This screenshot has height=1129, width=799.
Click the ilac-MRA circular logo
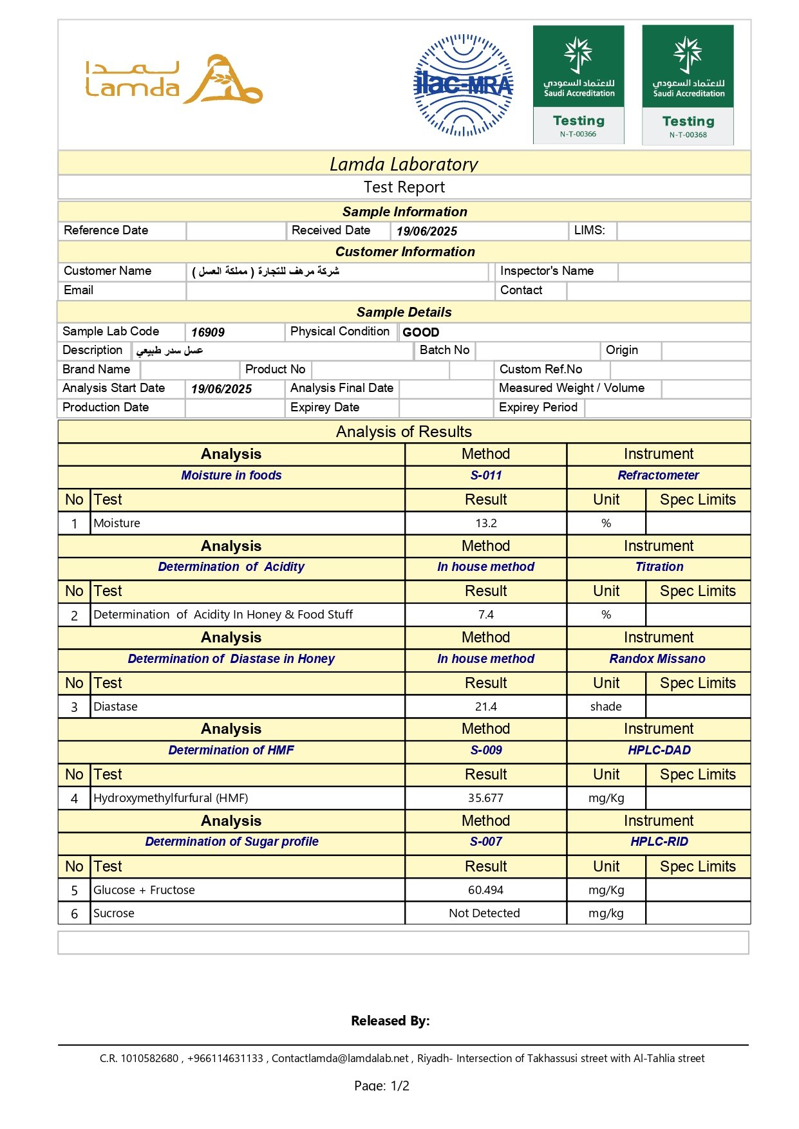(463, 85)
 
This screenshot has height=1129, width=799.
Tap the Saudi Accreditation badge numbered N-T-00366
(578, 84)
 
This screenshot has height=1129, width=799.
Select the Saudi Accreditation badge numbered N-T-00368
(688, 84)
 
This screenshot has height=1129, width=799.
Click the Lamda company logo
(174, 80)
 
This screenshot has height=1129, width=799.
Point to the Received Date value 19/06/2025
(426, 232)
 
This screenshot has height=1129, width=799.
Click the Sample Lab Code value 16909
(208, 333)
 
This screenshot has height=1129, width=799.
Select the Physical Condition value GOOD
(421, 333)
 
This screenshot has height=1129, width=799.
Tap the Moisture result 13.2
(485, 523)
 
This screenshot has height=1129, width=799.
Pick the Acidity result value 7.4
(485, 615)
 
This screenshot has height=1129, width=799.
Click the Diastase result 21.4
(485, 707)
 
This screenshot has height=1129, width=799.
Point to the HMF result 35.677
(485, 798)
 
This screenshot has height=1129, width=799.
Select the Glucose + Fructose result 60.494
(485, 890)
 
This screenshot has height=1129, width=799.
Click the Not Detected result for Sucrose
(484, 913)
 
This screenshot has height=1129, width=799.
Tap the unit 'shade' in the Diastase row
(606, 707)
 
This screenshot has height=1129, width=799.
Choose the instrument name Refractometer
(658, 476)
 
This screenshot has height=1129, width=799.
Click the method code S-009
(485, 751)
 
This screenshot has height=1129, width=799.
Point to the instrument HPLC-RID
(659, 842)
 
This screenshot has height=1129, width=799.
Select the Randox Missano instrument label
(657, 659)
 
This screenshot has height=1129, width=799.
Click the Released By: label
(390, 1021)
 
